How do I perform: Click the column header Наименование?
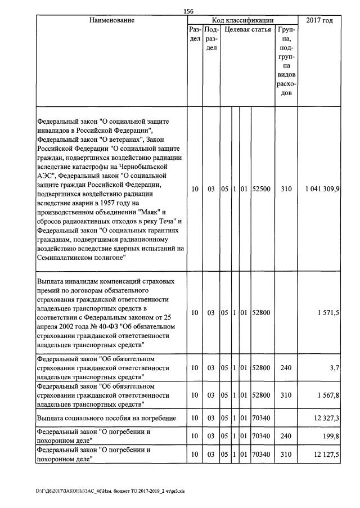click(x=111, y=21)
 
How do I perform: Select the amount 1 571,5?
click(x=328, y=312)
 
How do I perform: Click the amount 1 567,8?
click(x=328, y=395)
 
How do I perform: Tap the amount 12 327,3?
click(x=326, y=418)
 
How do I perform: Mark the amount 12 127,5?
click(x=326, y=454)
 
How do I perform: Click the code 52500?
click(x=262, y=190)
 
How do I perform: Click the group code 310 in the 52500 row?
click(x=286, y=190)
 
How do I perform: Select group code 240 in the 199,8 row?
click(x=286, y=436)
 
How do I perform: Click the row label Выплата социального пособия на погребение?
click(x=106, y=418)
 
